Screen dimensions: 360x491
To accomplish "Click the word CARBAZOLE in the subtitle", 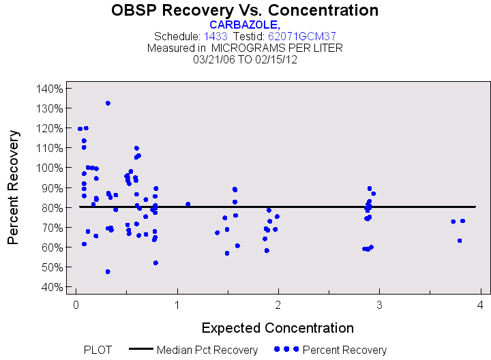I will [x=243, y=25].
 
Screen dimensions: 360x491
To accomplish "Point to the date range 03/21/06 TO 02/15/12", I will [x=245, y=59].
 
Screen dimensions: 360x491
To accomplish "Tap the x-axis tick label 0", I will [x=76, y=304].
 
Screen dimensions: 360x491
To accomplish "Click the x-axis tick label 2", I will [x=278, y=304].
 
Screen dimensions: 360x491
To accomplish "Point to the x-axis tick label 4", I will [x=481, y=304].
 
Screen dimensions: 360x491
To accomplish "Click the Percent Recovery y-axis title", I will [x=14, y=187].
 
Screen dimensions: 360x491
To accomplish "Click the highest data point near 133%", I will [x=108, y=103].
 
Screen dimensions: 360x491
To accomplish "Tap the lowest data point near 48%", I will [x=108, y=271].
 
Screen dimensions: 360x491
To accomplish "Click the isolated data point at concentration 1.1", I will [x=188, y=204].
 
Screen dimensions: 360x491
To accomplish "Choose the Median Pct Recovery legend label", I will [x=207, y=350].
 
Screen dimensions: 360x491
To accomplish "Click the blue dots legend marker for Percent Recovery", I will [x=286, y=349].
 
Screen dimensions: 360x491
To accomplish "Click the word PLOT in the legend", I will [x=98, y=350].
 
